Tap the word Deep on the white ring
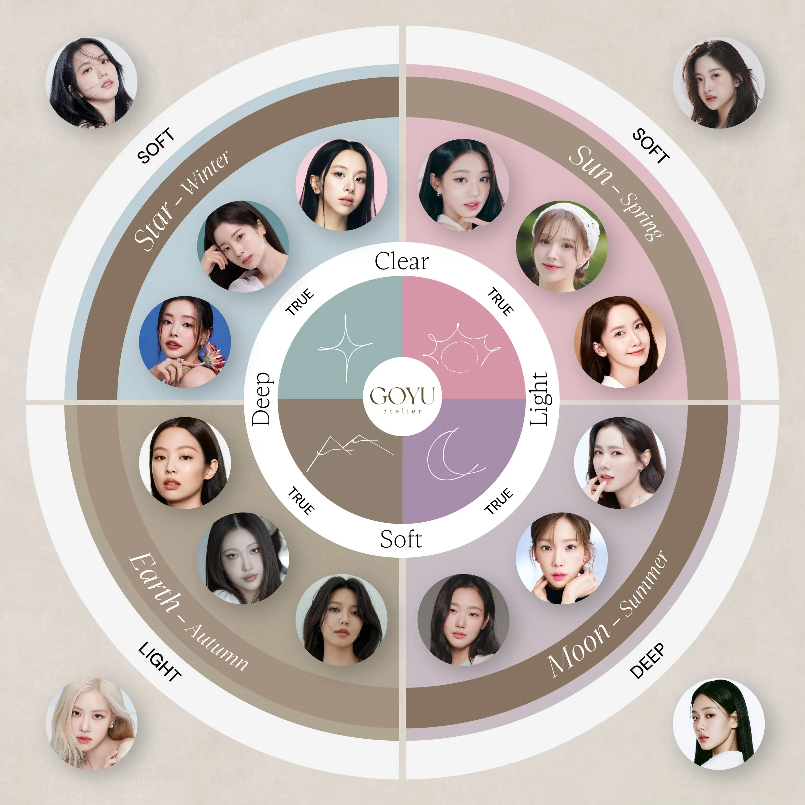coord(262,399)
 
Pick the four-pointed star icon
coord(345,347)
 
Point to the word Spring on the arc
coord(642,217)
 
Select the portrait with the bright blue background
coord(185,342)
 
